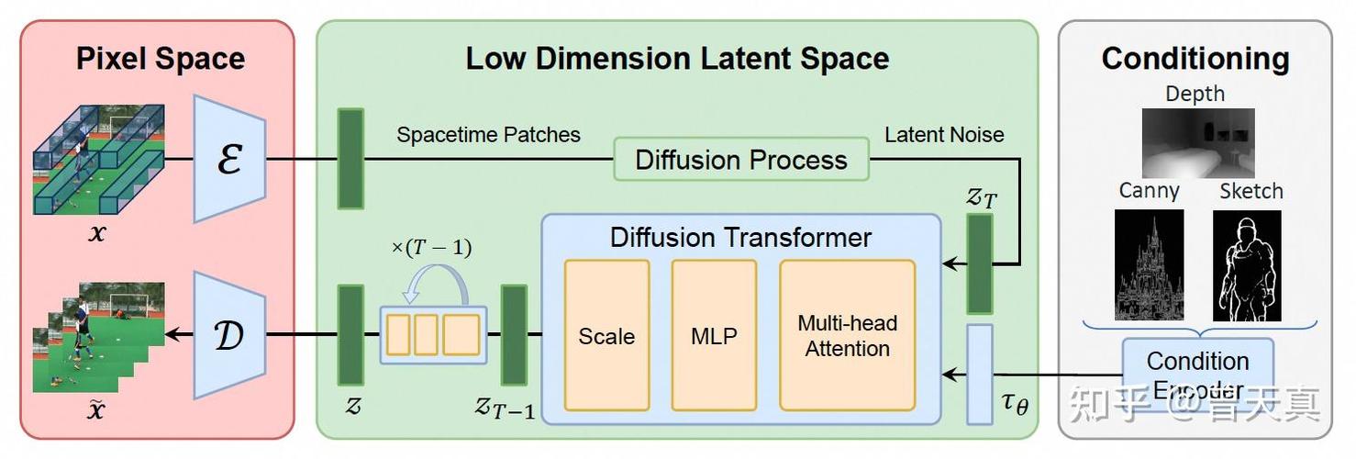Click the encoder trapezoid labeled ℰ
tap(229, 159)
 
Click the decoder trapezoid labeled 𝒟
tap(229, 335)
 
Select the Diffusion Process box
tap(741, 159)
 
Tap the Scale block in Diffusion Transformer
tap(606, 335)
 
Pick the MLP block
tap(715, 335)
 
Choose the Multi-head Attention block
tap(848, 335)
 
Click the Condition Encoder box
tap(1198, 375)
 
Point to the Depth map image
tap(1198, 143)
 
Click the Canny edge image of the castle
tap(1149, 265)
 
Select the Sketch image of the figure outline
tap(1247, 265)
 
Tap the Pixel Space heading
tap(161, 59)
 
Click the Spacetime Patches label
tap(488, 134)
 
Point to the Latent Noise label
tap(944, 134)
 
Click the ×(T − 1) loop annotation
tap(431, 247)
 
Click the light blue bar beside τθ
tap(980, 375)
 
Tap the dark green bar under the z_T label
tap(980, 264)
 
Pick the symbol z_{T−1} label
tap(505, 409)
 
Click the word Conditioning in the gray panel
tap(1195, 60)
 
